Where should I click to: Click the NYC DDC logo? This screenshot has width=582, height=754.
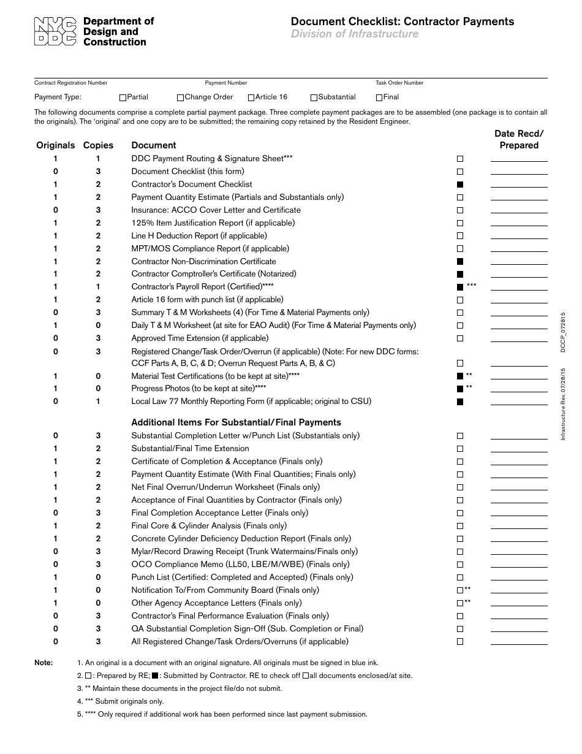55,32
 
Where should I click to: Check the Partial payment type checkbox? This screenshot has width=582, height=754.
123,97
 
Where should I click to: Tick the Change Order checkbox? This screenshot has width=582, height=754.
180,97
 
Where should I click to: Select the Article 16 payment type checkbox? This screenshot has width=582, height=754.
251,97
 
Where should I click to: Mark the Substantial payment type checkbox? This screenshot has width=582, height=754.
314,97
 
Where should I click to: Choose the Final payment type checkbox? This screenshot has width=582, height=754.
379,97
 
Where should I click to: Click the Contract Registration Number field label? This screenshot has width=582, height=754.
70,83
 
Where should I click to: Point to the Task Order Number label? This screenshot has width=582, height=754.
399,83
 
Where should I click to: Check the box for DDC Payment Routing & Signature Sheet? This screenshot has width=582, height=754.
460,159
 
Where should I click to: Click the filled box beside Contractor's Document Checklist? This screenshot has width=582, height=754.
460,185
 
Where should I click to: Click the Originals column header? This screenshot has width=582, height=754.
56,145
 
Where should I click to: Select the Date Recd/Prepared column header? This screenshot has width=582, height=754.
519,139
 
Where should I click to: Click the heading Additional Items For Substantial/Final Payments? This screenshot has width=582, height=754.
236,422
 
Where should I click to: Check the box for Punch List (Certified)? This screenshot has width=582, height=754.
460,577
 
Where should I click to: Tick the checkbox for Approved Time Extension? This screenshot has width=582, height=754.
460,338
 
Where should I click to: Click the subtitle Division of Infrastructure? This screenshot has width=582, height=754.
355,34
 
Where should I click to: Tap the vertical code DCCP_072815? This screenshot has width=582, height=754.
562,332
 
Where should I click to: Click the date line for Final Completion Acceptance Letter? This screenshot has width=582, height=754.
519,516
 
